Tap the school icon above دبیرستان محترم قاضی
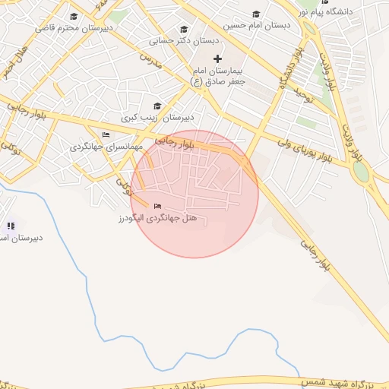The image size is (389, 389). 74,17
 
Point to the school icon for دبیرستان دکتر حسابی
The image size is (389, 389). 183,30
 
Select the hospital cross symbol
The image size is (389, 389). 218,59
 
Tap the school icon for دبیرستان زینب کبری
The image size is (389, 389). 157,106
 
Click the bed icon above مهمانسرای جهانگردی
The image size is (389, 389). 105,134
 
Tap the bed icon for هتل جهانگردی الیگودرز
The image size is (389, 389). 157,207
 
